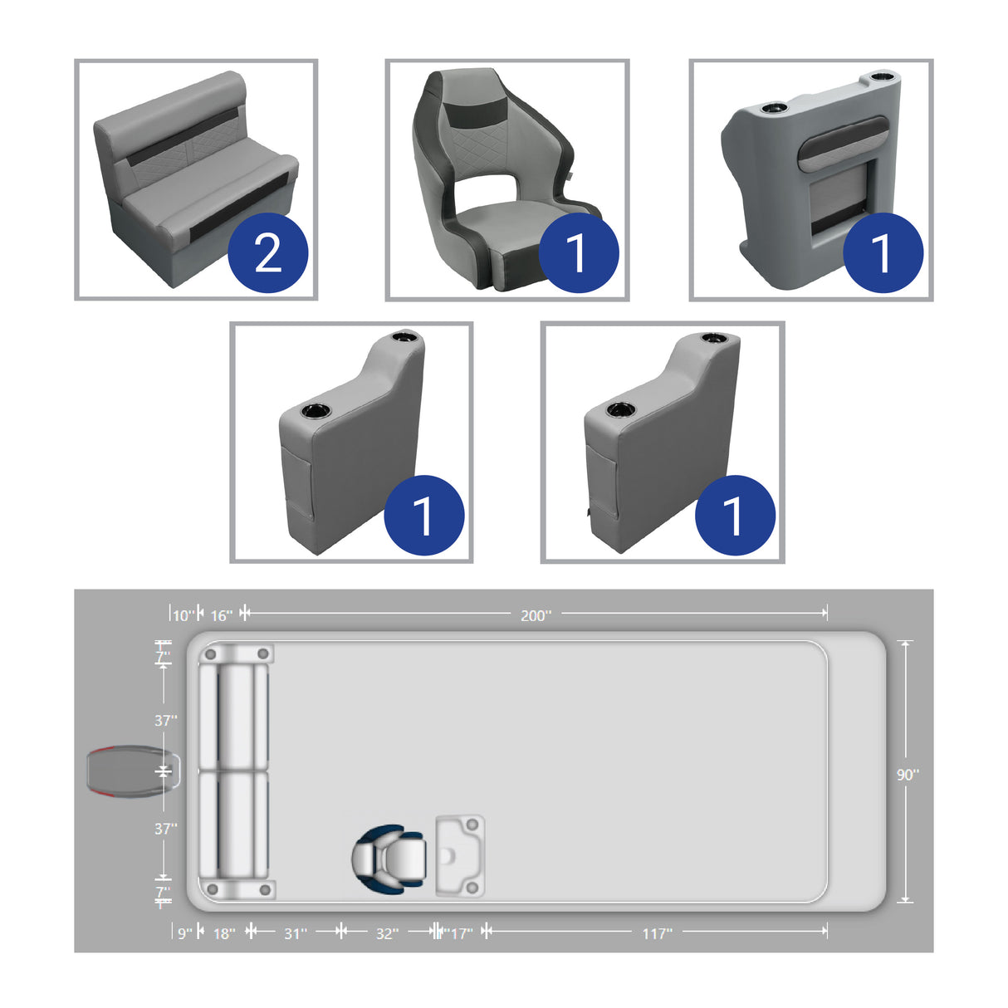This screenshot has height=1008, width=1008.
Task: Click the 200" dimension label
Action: tap(536, 615)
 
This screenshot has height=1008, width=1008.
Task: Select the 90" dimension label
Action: tap(908, 774)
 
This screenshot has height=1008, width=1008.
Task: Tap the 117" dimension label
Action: tap(657, 933)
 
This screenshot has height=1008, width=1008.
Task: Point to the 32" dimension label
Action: tap(387, 933)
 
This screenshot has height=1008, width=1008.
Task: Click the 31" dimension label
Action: tap(296, 933)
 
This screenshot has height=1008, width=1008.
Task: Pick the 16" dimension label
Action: tap(221, 615)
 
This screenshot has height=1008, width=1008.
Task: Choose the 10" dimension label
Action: tap(183, 615)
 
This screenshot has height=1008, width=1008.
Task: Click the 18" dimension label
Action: tap(224, 933)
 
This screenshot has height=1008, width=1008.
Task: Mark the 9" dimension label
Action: tap(184, 933)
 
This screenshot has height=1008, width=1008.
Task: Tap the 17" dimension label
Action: tap(460, 933)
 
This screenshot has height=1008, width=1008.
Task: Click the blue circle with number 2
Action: tap(267, 252)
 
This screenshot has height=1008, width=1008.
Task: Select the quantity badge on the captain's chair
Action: tap(578, 252)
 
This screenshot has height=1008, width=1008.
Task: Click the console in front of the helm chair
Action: tap(460, 856)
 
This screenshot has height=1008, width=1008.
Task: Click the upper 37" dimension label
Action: tap(165, 720)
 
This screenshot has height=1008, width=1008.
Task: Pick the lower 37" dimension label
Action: tap(165, 828)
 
